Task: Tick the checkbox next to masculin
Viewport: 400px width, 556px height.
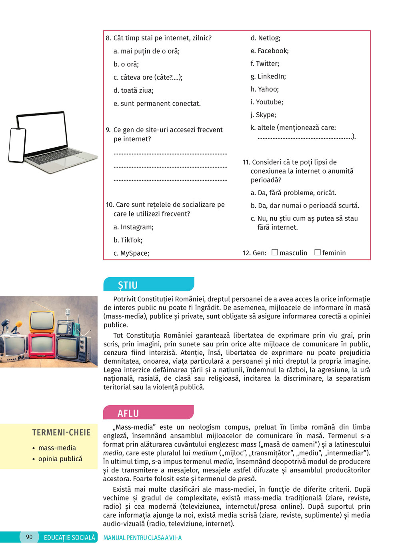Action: tap(275, 252)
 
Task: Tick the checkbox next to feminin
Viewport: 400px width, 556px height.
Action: tap(318, 252)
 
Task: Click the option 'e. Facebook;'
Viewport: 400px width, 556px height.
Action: tap(270, 51)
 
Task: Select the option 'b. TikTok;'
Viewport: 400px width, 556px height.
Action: tap(128, 240)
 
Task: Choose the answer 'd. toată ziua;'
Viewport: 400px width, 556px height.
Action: tap(134, 90)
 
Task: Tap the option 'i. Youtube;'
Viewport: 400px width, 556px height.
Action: tap(267, 102)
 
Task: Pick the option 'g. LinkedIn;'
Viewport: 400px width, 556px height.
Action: tap(268, 76)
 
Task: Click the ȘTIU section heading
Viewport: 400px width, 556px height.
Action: tap(128, 285)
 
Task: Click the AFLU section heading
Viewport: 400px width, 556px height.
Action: tap(128, 413)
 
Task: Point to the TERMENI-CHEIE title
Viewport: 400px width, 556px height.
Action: tap(61, 432)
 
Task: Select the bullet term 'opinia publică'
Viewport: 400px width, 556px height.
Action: tap(60, 459)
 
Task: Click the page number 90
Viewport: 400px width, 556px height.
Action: tap(29, 537)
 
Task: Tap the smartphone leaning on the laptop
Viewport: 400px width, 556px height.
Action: tap(17, 145)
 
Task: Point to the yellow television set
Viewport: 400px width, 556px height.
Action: tap(42, 322)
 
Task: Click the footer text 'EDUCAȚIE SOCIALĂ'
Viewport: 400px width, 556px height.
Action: tap(70, 538)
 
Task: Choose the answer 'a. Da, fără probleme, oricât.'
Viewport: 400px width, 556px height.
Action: tap(294, 193)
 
